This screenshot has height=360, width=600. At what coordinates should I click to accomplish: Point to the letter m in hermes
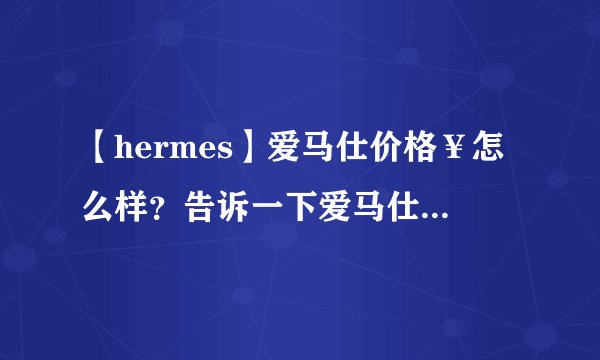pyautogui.click(x=187, y=154)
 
